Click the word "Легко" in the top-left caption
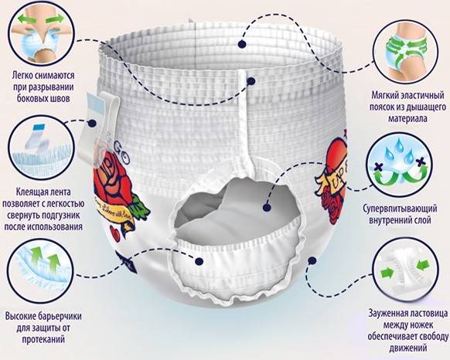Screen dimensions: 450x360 pos(22,76)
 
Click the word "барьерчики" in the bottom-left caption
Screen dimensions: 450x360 pos(59,317)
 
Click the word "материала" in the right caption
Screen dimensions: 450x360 pos(407,118)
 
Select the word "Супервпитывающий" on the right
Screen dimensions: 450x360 pos(400,209)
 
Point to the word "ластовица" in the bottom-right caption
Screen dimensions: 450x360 pos(427,313)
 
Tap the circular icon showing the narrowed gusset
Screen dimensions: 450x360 pos(406,271)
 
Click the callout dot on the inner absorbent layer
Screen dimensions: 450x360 pos(267,207)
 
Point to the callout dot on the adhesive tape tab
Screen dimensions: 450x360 pos(92,124)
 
